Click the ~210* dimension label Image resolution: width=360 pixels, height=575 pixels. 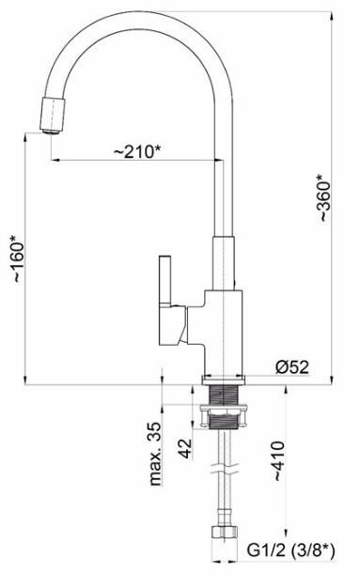137,152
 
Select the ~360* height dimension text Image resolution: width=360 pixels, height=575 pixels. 324,197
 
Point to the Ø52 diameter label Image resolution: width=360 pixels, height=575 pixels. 291,367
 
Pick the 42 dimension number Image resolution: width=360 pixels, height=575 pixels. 185,448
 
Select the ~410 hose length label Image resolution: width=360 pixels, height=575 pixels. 277,461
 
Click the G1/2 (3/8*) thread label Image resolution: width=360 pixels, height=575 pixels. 290,551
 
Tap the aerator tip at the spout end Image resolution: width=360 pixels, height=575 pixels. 50,132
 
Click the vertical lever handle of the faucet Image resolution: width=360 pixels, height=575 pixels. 165,281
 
